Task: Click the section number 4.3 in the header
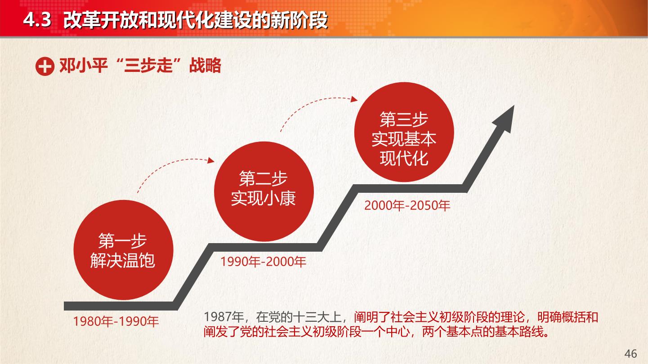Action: point(37,20)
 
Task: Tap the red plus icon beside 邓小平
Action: point(45,66)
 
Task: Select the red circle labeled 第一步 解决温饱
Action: point(123,250)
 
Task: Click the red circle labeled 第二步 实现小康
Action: point(264,191)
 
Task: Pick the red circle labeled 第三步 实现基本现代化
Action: point(404,132)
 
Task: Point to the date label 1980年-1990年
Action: point(116,321)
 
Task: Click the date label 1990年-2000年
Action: point(263,262)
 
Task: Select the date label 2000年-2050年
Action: point(407,205)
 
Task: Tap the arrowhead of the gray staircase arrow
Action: point(505,119)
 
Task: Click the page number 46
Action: point(630,353)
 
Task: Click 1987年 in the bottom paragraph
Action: point(223,317)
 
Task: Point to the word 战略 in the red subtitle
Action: point(205,66)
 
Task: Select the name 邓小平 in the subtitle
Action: point(84,66)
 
